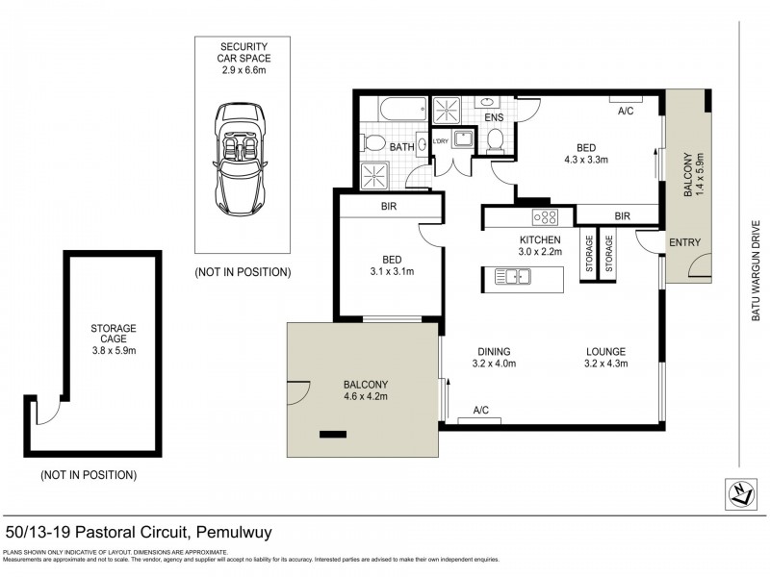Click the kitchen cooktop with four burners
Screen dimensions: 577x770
(x=546, y=216)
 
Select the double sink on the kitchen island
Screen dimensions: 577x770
(x=513, y=278)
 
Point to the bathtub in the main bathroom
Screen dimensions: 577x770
(x=397, y=109)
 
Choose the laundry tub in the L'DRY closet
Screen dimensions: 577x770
(x=462, y=141)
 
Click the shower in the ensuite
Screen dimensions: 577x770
(x=447, y=110)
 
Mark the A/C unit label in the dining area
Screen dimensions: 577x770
(x=480, y=411)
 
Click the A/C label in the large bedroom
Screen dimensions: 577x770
(x=626, y=111)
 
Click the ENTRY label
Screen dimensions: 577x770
(x=683, y=242)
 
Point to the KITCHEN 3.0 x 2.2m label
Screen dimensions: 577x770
(x=540, y=245)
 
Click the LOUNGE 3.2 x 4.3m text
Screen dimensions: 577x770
(x=604, y=357)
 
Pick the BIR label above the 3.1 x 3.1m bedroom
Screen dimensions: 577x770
(x=389, y=207)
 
